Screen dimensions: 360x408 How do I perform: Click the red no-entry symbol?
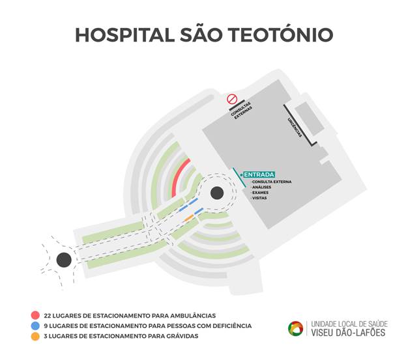(x=231, y=99)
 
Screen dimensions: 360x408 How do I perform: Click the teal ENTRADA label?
(x=259, y=174)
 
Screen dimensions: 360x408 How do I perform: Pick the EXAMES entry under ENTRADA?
(x=260, y=193)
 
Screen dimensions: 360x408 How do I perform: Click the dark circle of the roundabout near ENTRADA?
(x=217, y=193)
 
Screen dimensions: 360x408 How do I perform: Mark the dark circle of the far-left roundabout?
(x=64, y=260)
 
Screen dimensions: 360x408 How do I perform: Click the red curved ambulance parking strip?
(x=178, y=176)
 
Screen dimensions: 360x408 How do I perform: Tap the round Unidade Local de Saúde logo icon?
(x=296, y=328)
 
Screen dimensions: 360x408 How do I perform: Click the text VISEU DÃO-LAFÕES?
(x=348, y=333)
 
